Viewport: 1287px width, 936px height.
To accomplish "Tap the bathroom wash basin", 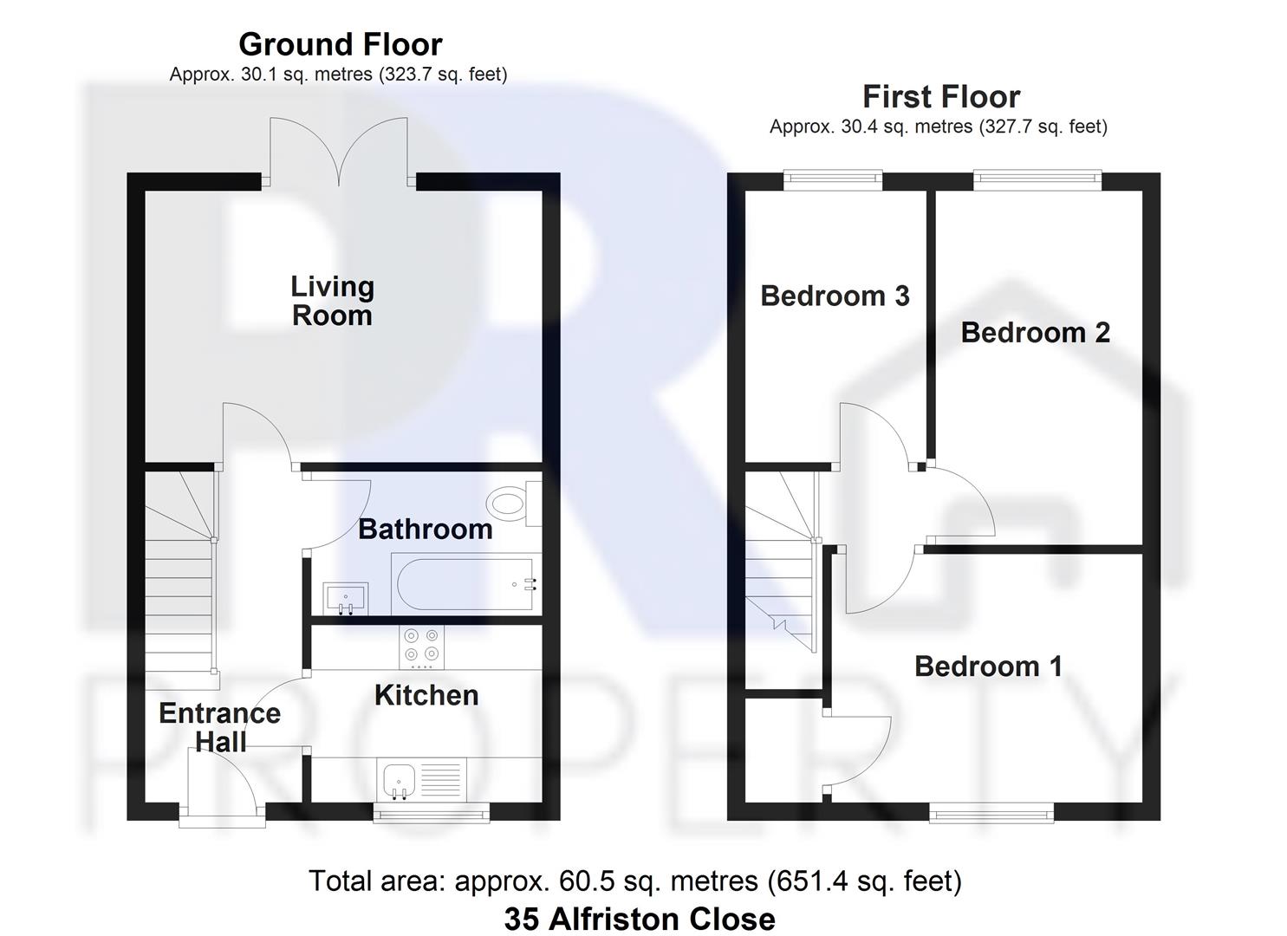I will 345,598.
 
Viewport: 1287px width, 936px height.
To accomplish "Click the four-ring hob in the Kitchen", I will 422,647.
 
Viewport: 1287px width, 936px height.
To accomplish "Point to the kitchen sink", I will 400,780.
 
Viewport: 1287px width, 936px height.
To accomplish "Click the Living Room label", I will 332,301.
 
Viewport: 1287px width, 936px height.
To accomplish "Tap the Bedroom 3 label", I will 835,296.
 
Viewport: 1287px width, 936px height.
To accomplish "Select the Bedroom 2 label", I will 1035,332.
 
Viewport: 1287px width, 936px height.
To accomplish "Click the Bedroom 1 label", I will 988,666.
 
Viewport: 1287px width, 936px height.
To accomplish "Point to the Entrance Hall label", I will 220,727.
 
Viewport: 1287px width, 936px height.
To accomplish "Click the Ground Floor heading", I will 340,44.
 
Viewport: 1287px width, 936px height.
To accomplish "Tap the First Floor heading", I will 941,96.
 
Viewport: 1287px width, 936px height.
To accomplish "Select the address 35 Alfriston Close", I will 640,919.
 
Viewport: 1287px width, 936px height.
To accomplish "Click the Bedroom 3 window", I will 834,180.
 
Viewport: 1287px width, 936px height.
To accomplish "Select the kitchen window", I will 431,812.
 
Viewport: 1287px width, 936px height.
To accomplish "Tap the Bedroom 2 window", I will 1037,180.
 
